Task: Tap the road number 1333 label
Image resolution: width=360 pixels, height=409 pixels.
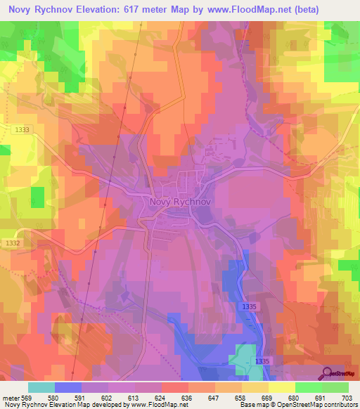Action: click(22, 129)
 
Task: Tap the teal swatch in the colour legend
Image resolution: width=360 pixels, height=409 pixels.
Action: click(41, 387)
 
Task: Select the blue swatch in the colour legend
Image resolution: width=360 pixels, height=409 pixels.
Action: click(68, 387)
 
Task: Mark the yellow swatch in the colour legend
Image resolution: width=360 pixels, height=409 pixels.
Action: click(282, 387)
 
